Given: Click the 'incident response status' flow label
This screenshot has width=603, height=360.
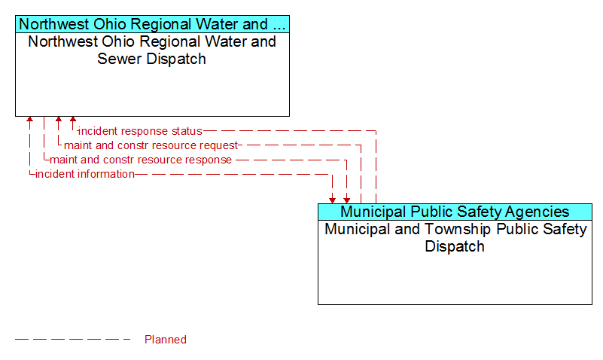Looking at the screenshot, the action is coord(140,131).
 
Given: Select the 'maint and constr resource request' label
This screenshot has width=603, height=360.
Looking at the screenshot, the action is coord(151,145).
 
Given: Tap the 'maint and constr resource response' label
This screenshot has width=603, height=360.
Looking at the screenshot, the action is coord(141,160).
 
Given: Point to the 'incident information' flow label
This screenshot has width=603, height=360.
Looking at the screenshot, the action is coord(85,174).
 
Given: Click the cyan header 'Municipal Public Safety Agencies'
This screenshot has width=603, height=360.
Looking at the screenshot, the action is coord(455,212).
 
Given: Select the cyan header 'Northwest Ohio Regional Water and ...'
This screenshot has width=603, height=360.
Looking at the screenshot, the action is coord(152,24).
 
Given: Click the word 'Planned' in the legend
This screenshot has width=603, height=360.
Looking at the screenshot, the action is coord(166,339).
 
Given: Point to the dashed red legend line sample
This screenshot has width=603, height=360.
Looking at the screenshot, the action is coord(73,339).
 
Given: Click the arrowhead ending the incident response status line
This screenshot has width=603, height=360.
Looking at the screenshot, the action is coord(73,119).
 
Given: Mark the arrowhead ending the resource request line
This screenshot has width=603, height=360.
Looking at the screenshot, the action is coord(59,119).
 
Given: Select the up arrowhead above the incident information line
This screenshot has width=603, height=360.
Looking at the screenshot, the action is coord(29,119).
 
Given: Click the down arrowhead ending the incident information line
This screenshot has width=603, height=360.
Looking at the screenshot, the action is coord(332,200).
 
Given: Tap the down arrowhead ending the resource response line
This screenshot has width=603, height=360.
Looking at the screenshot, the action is coord(347,200).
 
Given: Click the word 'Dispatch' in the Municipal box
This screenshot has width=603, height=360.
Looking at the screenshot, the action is coord(455,246).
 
